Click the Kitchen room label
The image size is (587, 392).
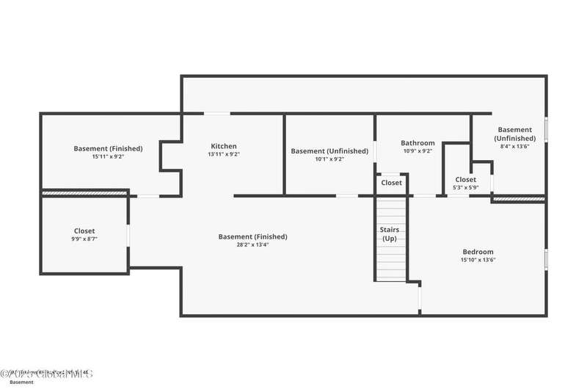224,146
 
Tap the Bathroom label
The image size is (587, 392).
418,143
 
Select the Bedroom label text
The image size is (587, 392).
478,252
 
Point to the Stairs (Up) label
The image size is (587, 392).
390,234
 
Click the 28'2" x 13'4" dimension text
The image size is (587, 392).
252,245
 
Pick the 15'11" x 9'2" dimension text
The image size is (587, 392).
108,156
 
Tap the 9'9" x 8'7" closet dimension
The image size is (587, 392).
84,239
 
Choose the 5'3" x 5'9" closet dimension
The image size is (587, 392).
465,188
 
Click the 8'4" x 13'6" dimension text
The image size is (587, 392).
514,146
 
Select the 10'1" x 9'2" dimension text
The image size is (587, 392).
329,159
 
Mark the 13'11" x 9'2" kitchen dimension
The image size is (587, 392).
224,154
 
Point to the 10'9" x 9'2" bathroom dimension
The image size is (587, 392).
418,151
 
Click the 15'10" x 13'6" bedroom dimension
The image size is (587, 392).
478,260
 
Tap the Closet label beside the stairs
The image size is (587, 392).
391,183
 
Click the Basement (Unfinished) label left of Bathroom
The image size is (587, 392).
329,151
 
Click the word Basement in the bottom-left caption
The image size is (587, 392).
21,382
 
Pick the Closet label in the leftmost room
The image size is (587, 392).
84,231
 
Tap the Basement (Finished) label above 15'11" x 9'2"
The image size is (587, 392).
108,148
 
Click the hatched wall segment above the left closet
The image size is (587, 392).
84,193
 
